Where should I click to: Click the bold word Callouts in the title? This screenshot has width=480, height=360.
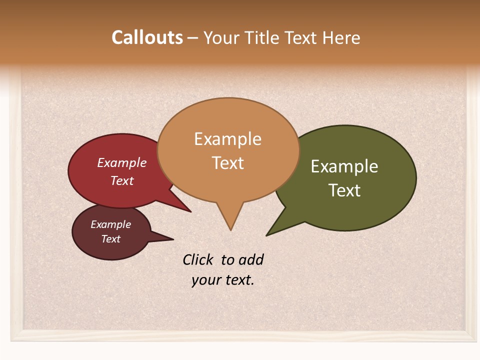pos(147,37)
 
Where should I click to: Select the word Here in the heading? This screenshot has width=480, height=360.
pos(341,37)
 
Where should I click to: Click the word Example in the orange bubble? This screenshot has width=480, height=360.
pos(227,139)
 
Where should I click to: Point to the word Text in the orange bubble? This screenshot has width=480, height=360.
pos(227,163)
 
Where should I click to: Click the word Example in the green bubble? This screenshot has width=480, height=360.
pos(344,166)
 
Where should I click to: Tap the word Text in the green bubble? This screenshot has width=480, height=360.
pos(344,190)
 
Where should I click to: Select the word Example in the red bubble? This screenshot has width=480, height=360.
pos(121,162)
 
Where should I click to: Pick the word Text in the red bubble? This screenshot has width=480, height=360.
pos(121,180)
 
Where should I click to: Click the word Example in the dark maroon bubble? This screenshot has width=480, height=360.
pos(110,224)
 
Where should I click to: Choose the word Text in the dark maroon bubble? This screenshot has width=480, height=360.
pos(110,239)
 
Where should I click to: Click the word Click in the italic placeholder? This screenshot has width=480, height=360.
pos(198,259)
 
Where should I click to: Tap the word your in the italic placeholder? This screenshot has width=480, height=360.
pos(205,280)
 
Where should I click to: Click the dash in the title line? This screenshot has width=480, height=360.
pos(193,38)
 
